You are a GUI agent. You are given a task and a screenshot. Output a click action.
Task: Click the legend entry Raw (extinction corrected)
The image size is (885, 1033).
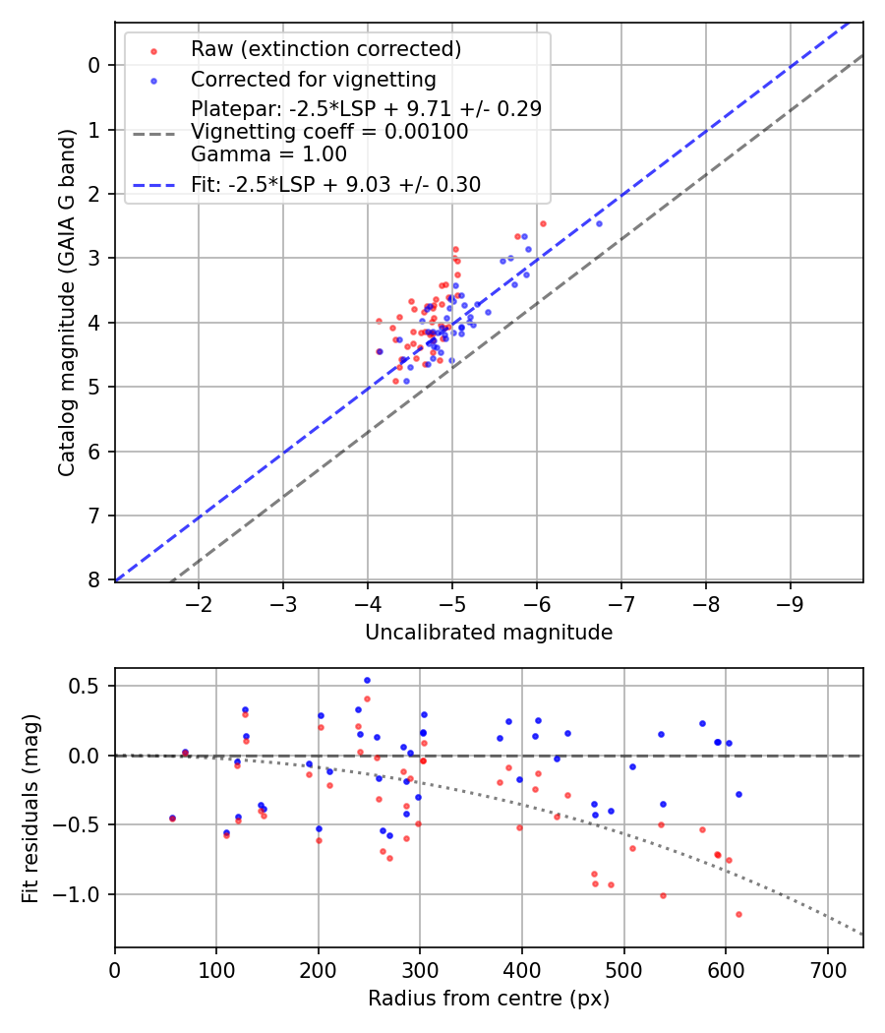(x=325, y=49)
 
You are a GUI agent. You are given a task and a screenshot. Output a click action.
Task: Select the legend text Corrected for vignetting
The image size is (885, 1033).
(x=314, y=79)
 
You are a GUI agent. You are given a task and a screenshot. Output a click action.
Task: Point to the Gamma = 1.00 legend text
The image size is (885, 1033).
(x=268, y=153)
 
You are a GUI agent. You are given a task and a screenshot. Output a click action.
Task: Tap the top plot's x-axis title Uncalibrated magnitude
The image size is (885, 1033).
(x=489, y=633)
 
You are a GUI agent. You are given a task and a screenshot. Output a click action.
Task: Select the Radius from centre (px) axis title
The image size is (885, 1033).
(x=489, y=999)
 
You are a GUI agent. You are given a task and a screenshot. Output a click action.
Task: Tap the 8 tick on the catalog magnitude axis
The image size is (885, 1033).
(x=95, y=580)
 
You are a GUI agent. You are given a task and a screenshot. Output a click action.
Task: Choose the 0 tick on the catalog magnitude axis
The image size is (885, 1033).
(x=95, y=65)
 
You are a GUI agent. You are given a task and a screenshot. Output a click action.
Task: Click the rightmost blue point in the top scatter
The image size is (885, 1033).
(x=599, y=223)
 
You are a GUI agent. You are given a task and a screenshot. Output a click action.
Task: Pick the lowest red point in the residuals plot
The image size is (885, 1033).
(x=738, y=914)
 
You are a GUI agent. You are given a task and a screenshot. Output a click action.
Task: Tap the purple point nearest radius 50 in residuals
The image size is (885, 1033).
(x=172, y=818)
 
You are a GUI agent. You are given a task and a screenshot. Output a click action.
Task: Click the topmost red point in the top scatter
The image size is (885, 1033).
(x=543, y=223)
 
